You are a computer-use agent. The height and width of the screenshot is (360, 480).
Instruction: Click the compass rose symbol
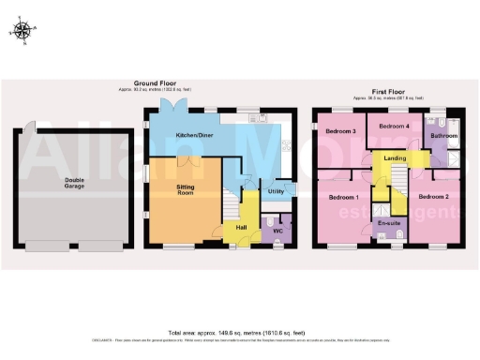point(24,30)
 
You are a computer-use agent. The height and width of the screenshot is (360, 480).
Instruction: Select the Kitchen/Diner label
point(194,136)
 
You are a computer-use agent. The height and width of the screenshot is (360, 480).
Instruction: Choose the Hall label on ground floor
point(241,228)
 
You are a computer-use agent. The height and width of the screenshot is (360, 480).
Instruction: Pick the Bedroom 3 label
point(339,131)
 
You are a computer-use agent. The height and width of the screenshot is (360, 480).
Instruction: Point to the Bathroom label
point(444,136)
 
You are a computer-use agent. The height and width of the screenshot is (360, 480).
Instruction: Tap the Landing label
point(395,158)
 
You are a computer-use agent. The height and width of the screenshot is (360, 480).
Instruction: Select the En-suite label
point(388,224)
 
